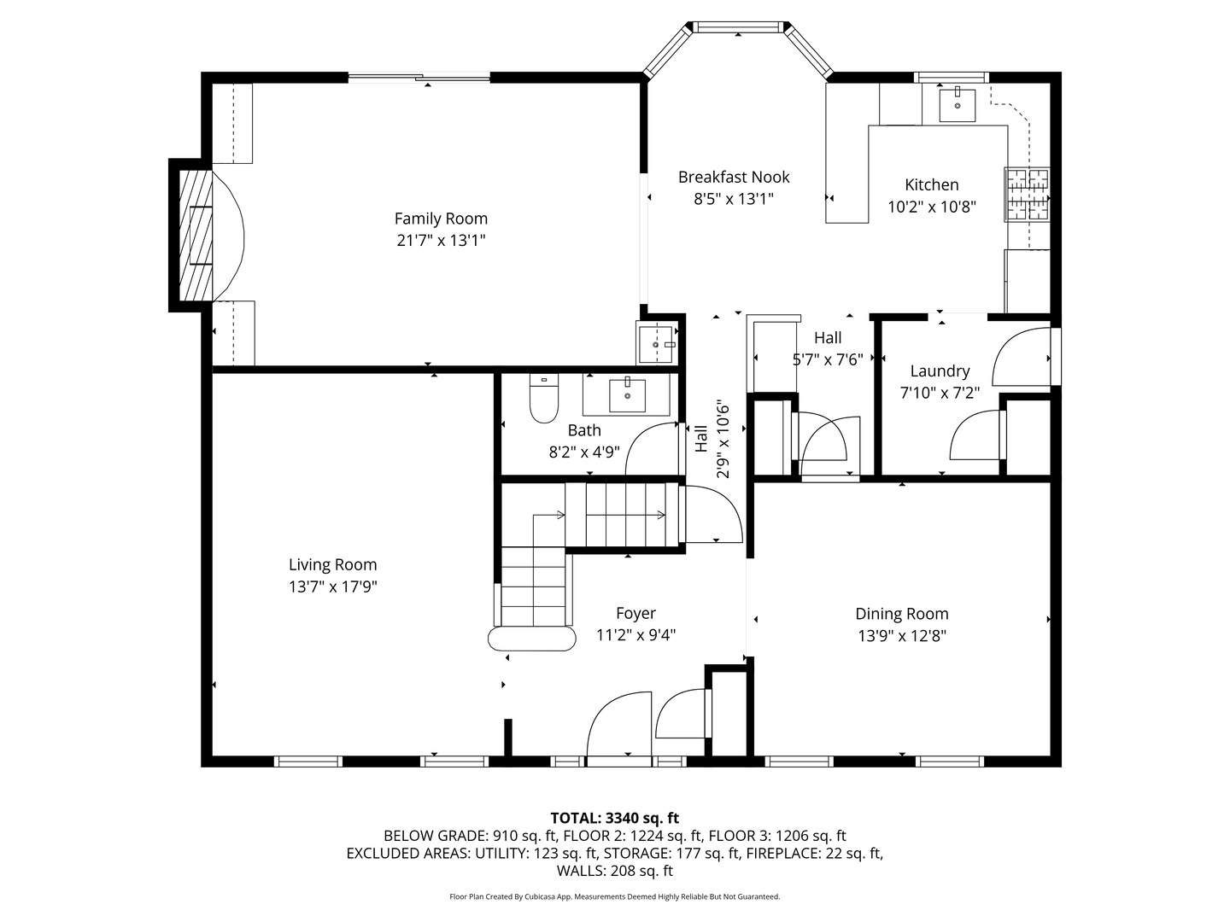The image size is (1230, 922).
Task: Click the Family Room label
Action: tap(441, 219)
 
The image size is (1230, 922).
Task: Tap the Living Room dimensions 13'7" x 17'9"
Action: tap(332, 586)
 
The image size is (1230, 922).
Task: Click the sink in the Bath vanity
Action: tap(628, 394)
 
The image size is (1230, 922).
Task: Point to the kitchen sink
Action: tap(957, 105)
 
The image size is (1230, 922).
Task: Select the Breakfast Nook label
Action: tap(734, 177)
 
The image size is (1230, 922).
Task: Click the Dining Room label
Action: tap(902, 613)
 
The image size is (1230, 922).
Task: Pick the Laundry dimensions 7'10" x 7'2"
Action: tap(940, 393)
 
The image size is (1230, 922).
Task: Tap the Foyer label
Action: tap(635, 613)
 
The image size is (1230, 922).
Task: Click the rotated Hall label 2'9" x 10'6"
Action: tap(712, 440)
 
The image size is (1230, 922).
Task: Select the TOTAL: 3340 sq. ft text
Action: tap(615, 818)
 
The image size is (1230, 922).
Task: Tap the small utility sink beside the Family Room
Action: tap(657, 342)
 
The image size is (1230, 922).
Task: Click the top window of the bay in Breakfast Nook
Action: tap(739, 27)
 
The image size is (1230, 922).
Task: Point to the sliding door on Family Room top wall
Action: tap(419, 78)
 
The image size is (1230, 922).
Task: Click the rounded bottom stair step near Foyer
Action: tap(531, 639)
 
